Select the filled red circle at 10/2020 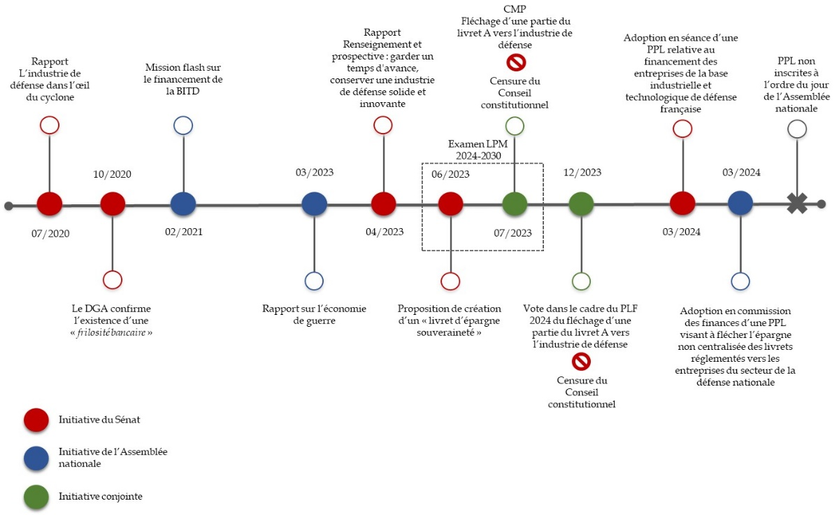(113, 204)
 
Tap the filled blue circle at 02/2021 (182, 204)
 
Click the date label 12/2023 (582, 173)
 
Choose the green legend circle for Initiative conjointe (36, 496)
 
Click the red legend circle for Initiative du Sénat (36, 419)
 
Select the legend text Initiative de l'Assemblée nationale (113, 458)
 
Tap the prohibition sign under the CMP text (515, 63)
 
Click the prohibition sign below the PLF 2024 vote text (581, 361)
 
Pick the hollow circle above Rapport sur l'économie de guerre (314, 281)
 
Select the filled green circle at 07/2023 (515, 204)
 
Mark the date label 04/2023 (384, 232)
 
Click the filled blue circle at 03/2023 (314, 204)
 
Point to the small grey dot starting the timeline (8, 206)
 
